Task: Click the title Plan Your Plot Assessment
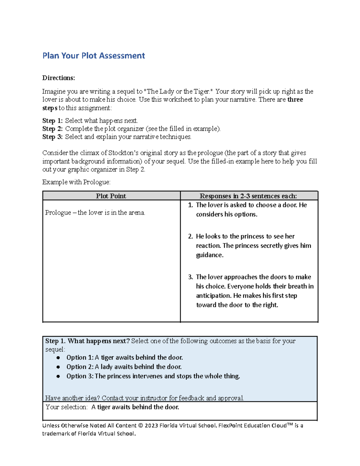pyautogui.click(x=94, y=56)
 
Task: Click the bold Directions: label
pyautogui.click(x=58, y=78)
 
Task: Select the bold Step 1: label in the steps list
pyautogui.click(x=52, y=121)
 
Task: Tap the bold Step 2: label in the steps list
pyautogui.click(x=52, y=129)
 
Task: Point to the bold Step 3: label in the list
pyautogui.click(x=52, y=137)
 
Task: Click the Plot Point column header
pyautogui.click(x=111, y=196)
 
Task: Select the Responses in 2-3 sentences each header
pyautogui.click(x=248, y=196)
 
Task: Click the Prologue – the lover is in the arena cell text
pyautogui.click(x=95, y=213)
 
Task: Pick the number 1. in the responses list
pyautogui.click(x=190, y=205)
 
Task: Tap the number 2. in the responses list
pyautogui.click(x=190, y=236)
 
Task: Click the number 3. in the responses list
pyautogui.click(x=190, y=277)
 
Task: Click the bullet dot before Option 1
pyautogui.click(x=58, y=358)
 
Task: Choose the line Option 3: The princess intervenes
pyautogui.click(x=153, y=376)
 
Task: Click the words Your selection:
pyautogui.click(x=67, y=407)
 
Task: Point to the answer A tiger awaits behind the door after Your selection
pyautogui.click(x=135, y=407)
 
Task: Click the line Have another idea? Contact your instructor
pyautogui.click(x=144, y=398)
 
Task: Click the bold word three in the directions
pyautogui.click(x=295, y=100)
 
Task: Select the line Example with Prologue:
pyautogui.click(x=76, y=182)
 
